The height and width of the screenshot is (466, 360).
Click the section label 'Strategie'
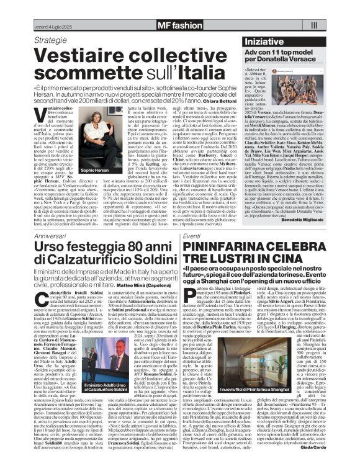52,40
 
